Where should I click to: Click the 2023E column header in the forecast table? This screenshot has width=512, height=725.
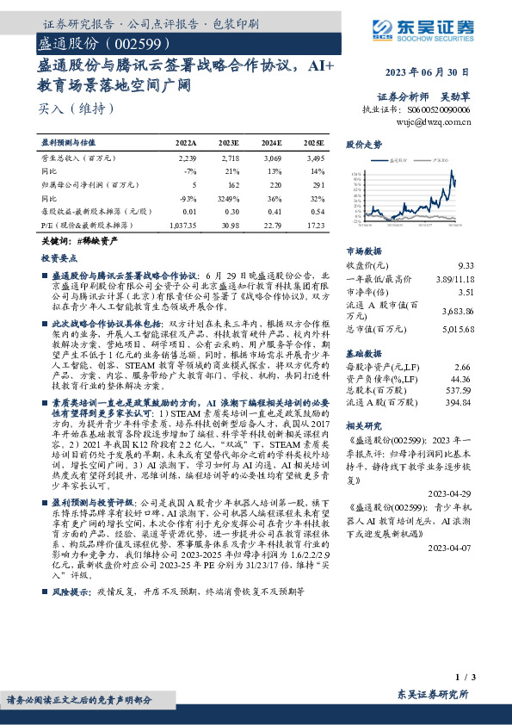click(229, 143)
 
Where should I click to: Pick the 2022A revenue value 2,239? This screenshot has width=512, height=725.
click(188, 159)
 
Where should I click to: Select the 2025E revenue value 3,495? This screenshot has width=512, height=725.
click(316, 159)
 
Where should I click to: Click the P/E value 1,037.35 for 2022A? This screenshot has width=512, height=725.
click(184, 224)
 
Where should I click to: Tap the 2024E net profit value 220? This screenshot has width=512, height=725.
click(275, 185)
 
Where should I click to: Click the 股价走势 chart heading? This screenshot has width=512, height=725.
click(363, 145)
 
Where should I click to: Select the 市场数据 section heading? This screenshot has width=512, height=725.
click(363, 251)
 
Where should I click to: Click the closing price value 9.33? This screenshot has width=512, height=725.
click(465, 265)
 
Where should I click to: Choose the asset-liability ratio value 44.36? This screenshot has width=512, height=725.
click(461, 378)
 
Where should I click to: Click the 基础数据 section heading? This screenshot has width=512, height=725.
click(363, 354)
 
